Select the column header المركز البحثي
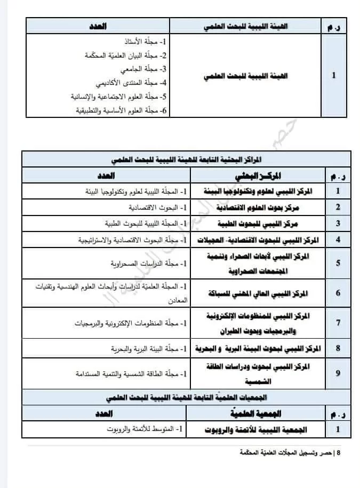(258, 175)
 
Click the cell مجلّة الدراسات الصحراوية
(135, 263)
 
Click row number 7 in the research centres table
(338, 323)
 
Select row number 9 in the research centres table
(338, 373)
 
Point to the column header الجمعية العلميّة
(259, 414)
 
